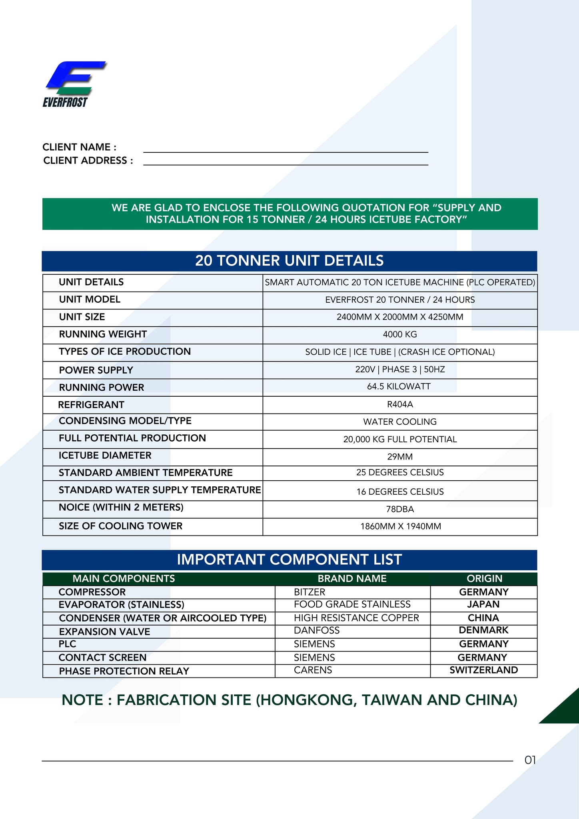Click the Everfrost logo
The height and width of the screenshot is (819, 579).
pyautogui.click(x=74, y=84)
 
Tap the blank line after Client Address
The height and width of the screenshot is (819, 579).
pyautogui.click(x=286, y=162)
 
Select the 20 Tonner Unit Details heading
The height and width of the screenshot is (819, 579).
pyautogui.click(x=289, y=261)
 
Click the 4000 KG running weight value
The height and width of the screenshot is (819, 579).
pyautogui.click(x=400, y=334)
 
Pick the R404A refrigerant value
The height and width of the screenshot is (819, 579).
pyautogui.click(x=400, y=404)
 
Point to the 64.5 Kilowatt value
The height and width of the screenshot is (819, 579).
pyautogui.click(x=400, y=386)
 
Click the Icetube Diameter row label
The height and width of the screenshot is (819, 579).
pyautogui.click(x=105, y=455)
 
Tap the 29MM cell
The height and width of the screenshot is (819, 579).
pyautogui.click(x=400, y=457)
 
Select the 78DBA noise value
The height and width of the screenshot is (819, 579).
pyautogui.click(x=400, y=509)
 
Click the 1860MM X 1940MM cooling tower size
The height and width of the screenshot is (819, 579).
pyautogui.click(x=400, y=526)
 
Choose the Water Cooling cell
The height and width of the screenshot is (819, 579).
pyautogui.click(x=400, y=421)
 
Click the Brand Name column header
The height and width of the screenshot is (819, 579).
pyautogui.click(x=352, y=579)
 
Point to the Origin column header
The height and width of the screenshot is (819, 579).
pyautogui.click(x=484, y=579)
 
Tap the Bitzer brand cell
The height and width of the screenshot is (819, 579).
pyautogui.click(x=309, y=592)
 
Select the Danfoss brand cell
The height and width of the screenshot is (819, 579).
pyautogui.click(x=317, y=631)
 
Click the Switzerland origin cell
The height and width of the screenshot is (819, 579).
pyautogui.click(x=483, y=670)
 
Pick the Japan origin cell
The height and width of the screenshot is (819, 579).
pyautogui.click(x=483, y=604)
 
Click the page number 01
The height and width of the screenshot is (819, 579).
pyautogui.click(x=530, y=760)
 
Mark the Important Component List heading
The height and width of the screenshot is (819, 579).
pyautogui.click(x=289, y=559)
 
